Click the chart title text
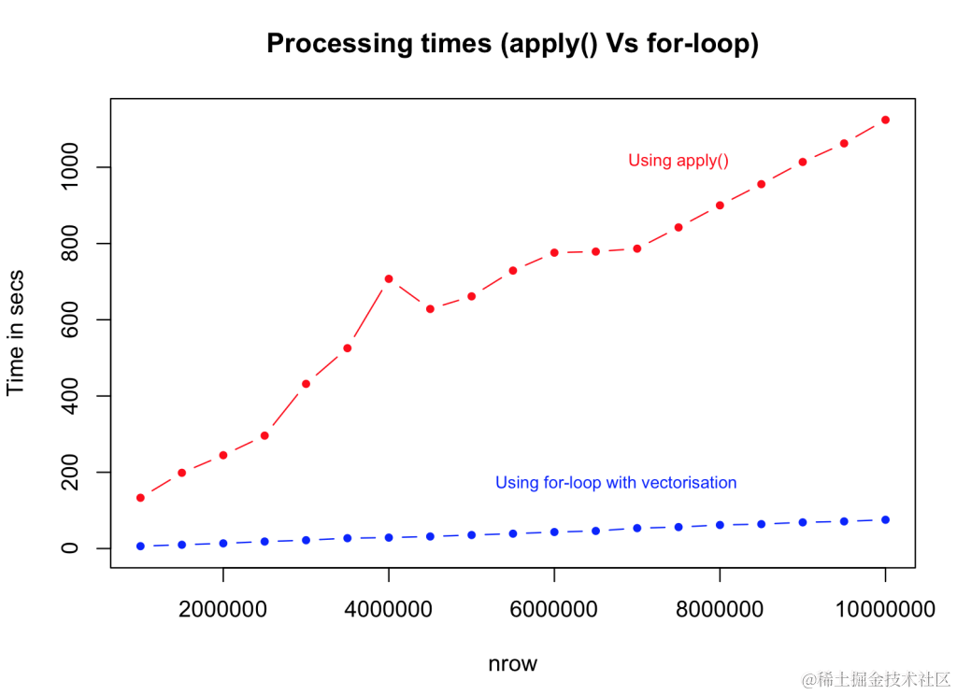[x=512, y=44]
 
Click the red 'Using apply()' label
[x=678, y=161]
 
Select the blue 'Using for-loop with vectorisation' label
[x=616, y=483]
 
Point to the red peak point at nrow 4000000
[x=388, y=278]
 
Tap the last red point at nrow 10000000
[x=885, y=120]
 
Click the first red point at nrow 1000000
[x=140, y=498]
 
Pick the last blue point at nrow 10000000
[x=885, y=519]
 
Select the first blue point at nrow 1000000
[x=140, y=546]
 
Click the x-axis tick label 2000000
[x=222, y=611]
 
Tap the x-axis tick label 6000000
[x=554, y=611]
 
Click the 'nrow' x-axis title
[x=512, y=664]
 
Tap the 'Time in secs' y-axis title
[x=16, y=333]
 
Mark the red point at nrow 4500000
[x=430, y=308]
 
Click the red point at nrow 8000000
[x=720, y=206]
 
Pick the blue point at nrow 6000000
[x=554, y=532]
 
